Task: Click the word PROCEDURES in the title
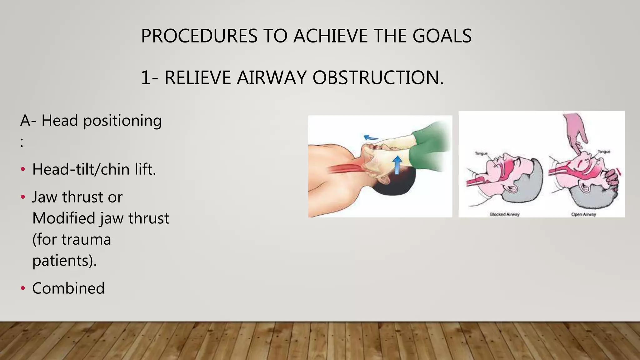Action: tap(199, 36)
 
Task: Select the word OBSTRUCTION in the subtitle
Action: tap(378, 77)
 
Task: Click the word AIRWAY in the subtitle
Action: tap(271, 77)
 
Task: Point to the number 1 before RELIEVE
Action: tap(146, 77)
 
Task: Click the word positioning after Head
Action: tap(122, 121)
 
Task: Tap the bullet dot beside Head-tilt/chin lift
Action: tap(23, 169)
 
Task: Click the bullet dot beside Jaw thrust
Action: tap(23, 197)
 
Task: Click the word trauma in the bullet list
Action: tap(86, 240)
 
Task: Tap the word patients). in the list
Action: tap(64, 261)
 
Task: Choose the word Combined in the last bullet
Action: tap(68, 288)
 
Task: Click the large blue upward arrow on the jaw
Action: tap(397, 165)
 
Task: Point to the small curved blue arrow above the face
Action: tap(370, 137)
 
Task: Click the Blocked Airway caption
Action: tap(504, 214)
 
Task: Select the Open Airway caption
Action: tap(583, 214)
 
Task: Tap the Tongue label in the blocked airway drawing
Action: tap(481, 153)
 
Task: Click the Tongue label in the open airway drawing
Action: tap(604, 152)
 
